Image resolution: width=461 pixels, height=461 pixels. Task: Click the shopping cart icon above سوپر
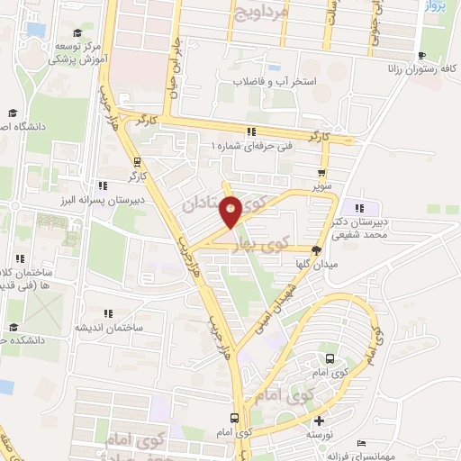[x=322, y=173]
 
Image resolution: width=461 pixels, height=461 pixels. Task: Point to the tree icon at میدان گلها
[x=316, y=250]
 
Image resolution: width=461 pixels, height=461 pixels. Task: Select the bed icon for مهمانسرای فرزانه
[x=362, y=443]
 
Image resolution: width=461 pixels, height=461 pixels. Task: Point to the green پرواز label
[x=434, y=7]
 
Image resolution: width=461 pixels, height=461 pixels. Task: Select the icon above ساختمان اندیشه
[x=108, y=314]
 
